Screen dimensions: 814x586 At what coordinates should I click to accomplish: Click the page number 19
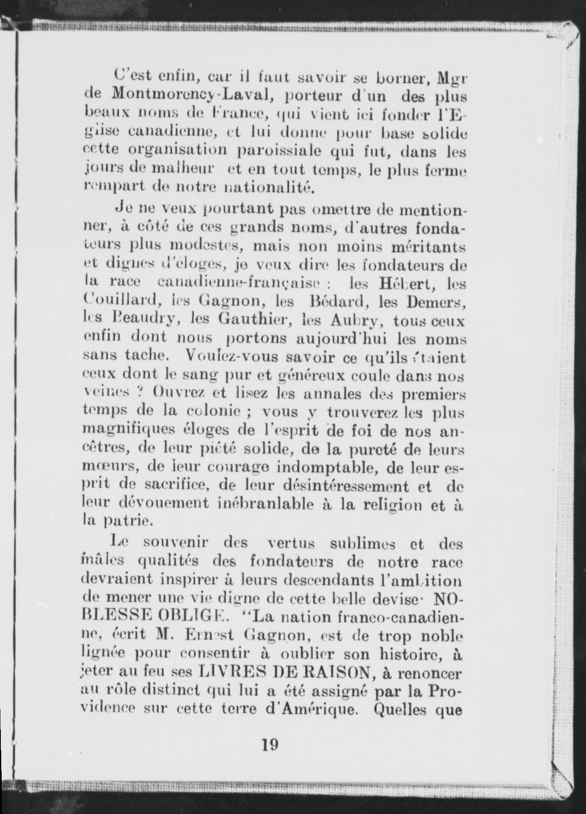coord(270,744)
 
